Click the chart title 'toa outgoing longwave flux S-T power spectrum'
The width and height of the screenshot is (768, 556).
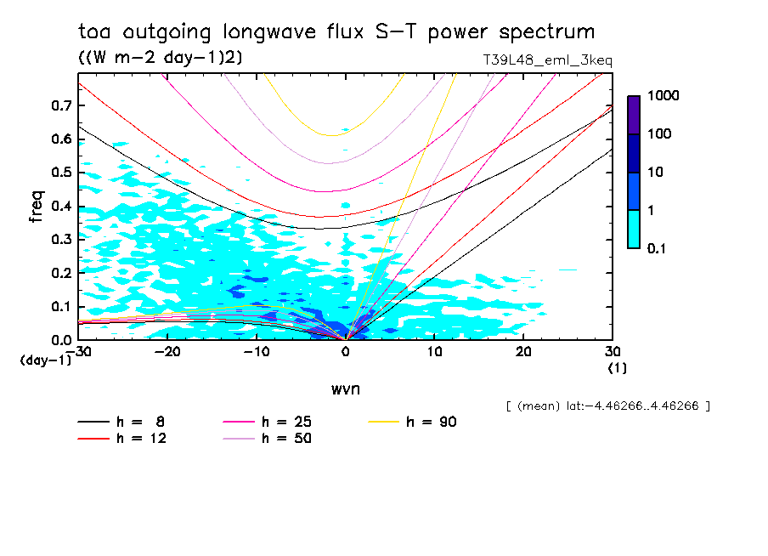point(336,32)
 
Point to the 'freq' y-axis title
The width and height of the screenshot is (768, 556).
point(35,207)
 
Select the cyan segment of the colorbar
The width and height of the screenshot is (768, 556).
point(634,229)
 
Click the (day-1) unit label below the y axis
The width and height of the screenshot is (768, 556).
point(46,360)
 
